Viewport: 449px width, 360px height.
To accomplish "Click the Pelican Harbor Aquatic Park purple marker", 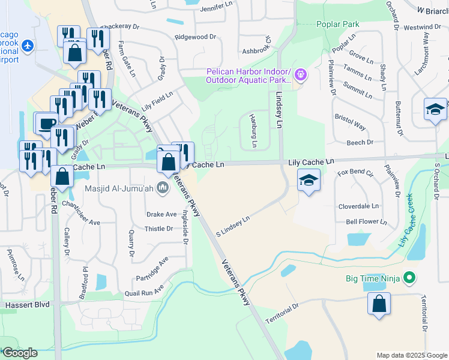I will pos(301,75).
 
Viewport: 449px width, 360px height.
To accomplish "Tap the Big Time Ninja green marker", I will pos(410,278).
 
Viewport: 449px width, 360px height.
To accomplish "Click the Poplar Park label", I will pos(337,24).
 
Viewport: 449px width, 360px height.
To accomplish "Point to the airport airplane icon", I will pos(26,46).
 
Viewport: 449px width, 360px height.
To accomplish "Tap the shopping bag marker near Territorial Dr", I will pos(379,304).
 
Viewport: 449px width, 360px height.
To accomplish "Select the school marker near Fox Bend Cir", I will pos(308,180).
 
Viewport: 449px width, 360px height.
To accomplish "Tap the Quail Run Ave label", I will pos(143,291).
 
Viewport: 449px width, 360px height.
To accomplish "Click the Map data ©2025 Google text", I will pos(411,355).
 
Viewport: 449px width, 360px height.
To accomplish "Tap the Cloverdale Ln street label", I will pos(358,205).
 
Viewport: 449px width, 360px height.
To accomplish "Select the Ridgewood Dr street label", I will pos(195,37).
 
